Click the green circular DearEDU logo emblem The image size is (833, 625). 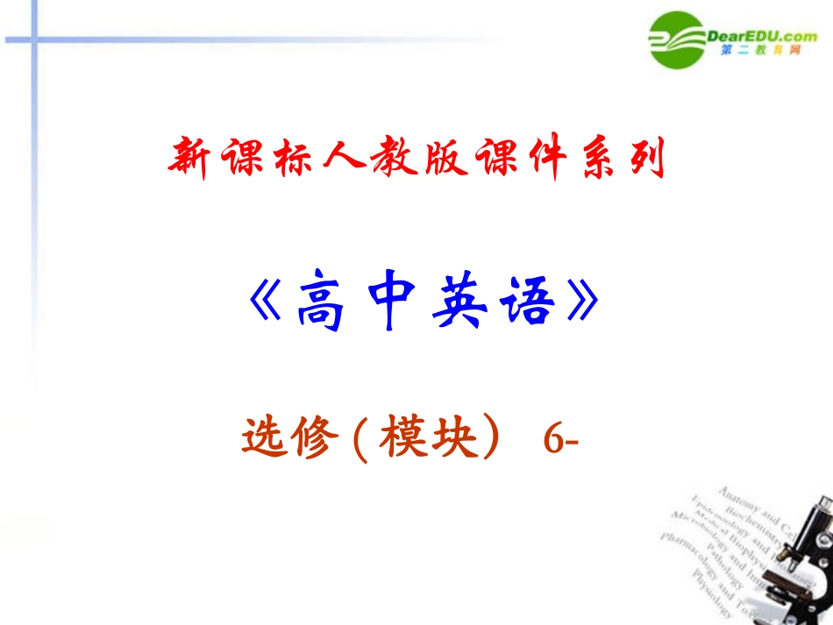coord(680,39)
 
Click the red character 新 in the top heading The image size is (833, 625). coord(190,159)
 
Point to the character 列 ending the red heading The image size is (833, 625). coord(647,158)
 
